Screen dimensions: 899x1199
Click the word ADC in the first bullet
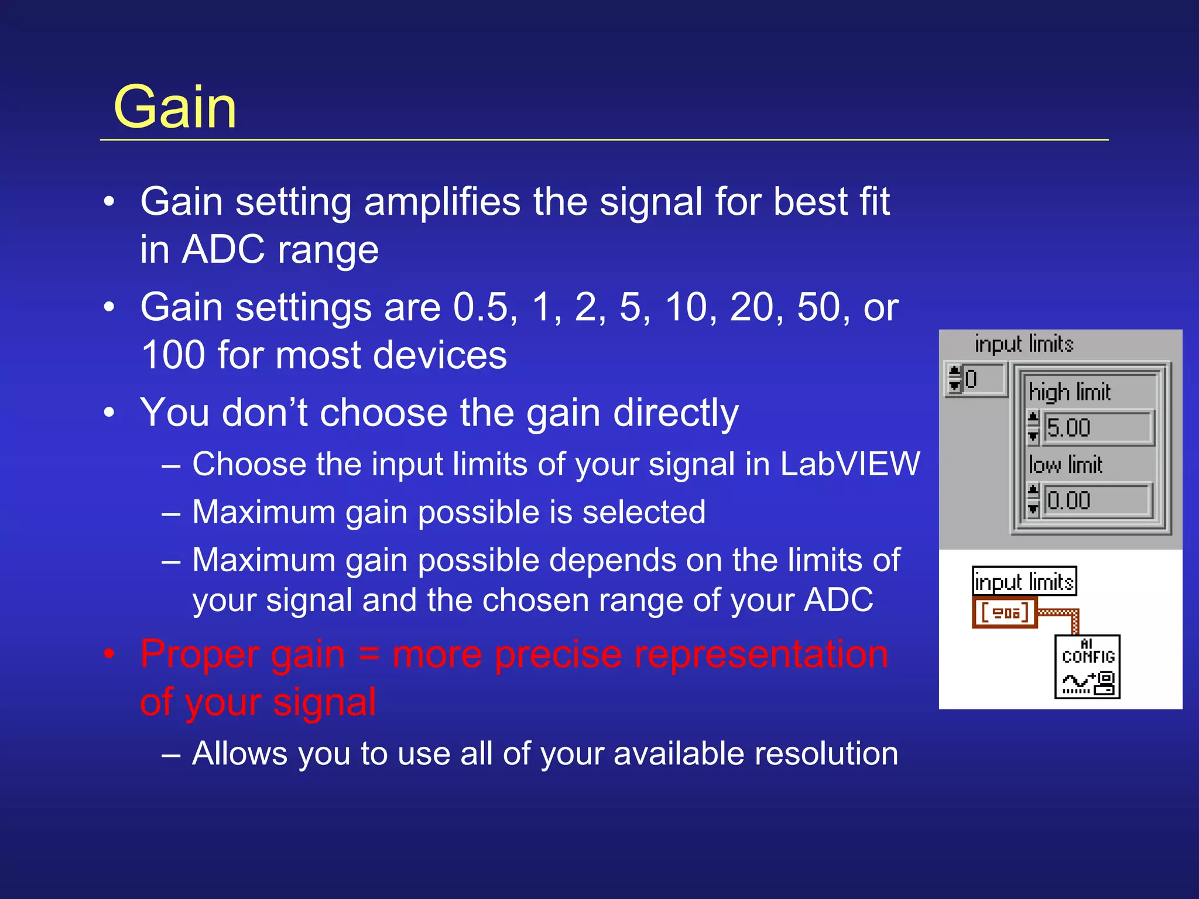point(223,250)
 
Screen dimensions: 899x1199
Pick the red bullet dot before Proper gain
point(109,654)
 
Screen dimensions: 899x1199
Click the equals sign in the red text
point(369,654)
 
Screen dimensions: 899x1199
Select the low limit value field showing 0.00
point(1096,500)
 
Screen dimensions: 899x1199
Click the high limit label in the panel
point(1069,392)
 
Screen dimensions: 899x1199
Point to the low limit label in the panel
point(1066,465)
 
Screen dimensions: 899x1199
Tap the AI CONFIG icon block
point(1087,667)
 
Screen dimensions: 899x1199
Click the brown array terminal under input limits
point(1005,613)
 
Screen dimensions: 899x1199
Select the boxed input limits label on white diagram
point(1024,582)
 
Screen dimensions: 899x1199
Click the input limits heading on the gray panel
point(1024,344)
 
